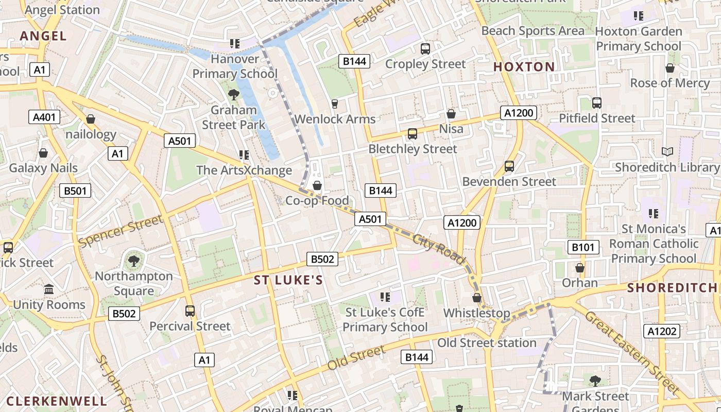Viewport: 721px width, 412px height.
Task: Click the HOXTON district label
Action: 524,66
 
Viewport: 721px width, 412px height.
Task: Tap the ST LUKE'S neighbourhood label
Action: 288,280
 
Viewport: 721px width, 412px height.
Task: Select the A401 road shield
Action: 44,117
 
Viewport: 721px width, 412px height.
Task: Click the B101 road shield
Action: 583,247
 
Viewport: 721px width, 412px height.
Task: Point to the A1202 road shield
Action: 661,331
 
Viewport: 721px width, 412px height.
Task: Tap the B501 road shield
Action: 75,191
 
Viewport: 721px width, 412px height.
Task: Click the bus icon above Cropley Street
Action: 425,49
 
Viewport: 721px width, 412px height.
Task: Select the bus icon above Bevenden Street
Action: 509,166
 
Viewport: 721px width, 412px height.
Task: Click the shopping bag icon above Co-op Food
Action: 317,185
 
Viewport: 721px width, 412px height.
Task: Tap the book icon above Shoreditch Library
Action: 667,151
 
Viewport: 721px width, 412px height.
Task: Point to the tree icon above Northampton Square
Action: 134,261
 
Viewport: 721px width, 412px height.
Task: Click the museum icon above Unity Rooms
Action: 49,289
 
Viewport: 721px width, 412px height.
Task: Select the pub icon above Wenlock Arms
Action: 334,104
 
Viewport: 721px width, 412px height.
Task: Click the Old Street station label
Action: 487,342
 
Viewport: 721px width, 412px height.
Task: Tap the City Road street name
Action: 438,249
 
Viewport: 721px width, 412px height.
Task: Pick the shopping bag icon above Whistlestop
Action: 477,298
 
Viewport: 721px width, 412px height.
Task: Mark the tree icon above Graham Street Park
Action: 233,95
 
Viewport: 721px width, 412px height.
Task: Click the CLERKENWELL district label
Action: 57,401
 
